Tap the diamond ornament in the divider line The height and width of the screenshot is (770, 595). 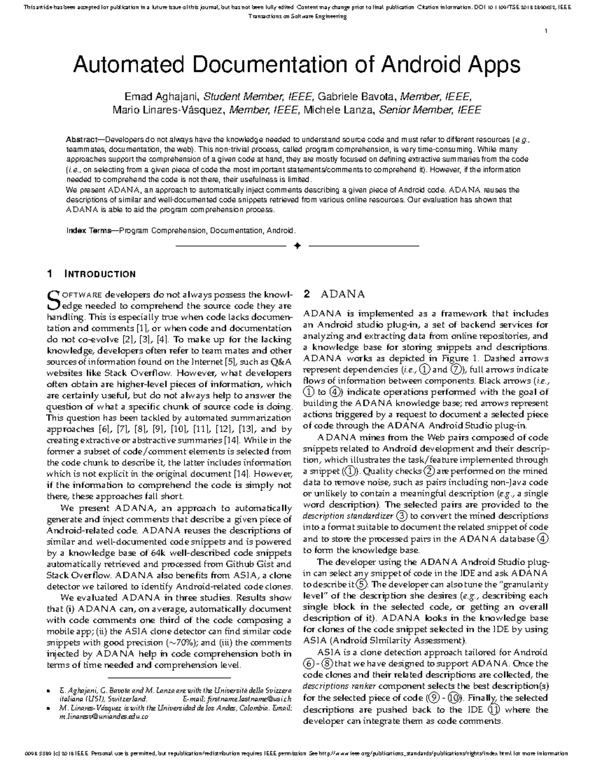[297, 245]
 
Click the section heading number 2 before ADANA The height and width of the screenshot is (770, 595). [307, 294]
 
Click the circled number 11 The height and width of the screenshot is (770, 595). [494, 709]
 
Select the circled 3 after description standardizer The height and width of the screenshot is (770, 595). [402, 516]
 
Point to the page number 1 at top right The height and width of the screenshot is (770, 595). [546, 32]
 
